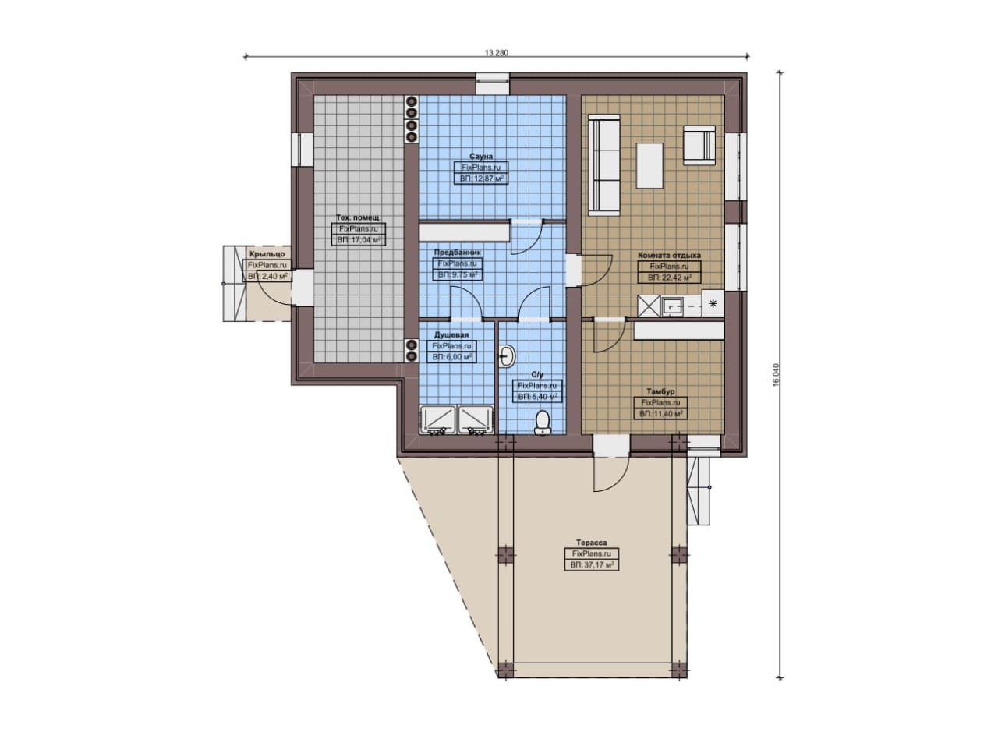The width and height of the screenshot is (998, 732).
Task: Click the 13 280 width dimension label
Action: point(496,52)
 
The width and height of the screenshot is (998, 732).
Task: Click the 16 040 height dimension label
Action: point(776,375)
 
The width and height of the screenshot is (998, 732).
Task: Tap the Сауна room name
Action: point(481,157)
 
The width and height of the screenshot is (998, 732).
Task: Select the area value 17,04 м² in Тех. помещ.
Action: point(359,240)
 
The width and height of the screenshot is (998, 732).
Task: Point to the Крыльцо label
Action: point(267,254)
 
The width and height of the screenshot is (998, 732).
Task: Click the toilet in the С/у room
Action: point(542,423)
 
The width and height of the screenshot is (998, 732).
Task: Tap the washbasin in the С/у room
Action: point(506,356)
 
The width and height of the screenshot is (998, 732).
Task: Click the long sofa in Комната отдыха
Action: point(603,164)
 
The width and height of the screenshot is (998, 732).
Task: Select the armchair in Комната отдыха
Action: point(699,146)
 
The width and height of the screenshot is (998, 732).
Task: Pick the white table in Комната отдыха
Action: point(649,166)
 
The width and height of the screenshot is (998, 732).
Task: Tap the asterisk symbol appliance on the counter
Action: point(713,304)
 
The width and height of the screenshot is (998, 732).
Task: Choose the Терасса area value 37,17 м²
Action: point(592,565)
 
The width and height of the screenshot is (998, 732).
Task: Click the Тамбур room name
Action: point(660,391)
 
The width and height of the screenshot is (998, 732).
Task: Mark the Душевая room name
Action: point(451,334)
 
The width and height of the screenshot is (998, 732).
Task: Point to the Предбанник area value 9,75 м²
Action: point(457,275)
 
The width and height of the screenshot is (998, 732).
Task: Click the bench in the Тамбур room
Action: point(679,331)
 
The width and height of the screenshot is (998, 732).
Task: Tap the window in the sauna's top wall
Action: point(492,84)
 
